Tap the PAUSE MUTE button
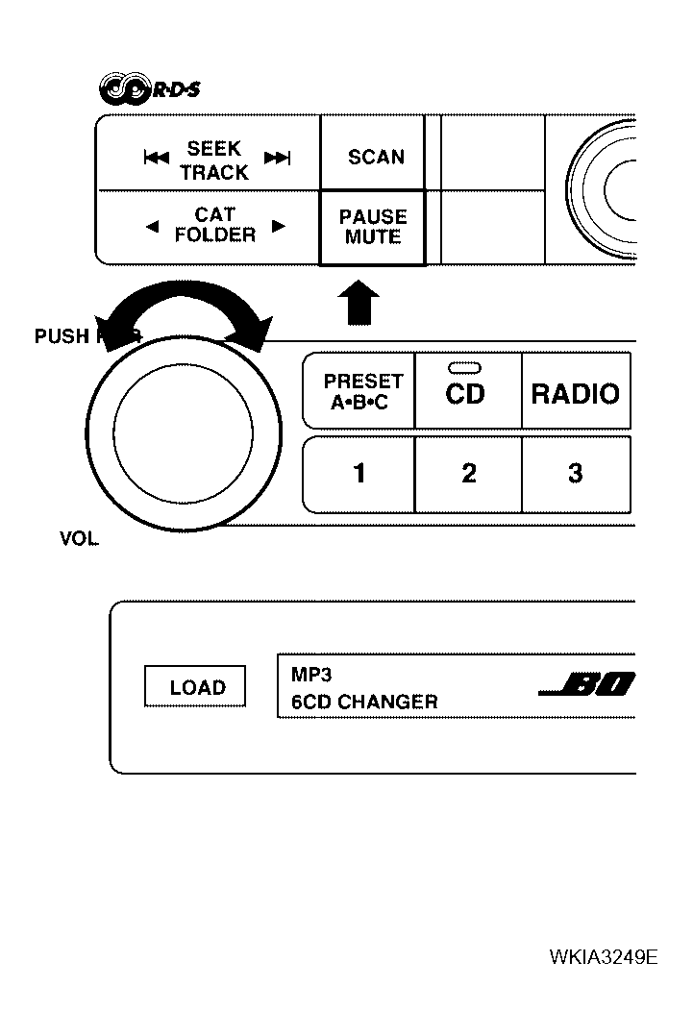tap(373, 228)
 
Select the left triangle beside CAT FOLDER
tap(152, 228)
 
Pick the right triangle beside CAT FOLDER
tap(279, 228)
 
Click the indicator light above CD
tap(464, 367)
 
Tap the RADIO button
tap(575, 392)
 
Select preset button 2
tap(468, 474)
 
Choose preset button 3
tap(575, 474)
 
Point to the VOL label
tap(79, 540)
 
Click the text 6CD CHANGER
tap(364, 703)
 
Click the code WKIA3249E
tap(604, 957)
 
